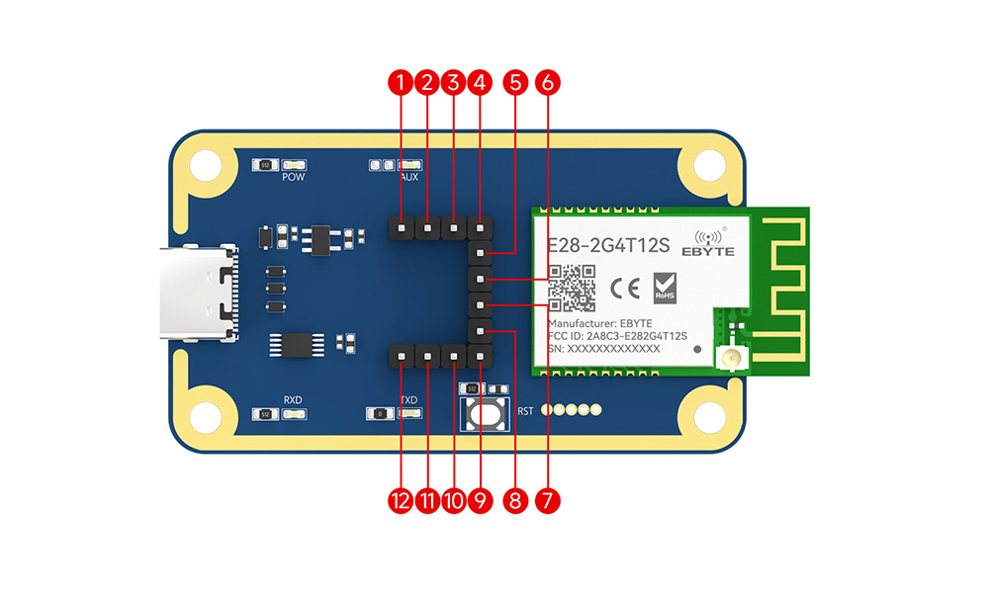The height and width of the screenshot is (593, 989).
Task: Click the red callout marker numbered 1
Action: point(401,83)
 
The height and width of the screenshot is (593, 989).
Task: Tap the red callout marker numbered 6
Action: point(547,83)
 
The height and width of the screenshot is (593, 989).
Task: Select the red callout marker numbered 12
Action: point(401,501)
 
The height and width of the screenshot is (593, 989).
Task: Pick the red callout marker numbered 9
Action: point(480,501)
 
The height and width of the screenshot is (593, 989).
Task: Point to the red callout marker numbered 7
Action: point(547,501)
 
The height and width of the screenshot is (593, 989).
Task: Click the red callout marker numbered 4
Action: point(480,83)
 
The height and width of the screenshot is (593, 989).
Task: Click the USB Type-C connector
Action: point(199,295)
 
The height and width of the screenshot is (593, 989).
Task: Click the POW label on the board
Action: point(294,178)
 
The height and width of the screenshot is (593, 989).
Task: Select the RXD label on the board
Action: point(293,400)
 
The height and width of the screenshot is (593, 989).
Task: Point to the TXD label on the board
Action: point(408,400)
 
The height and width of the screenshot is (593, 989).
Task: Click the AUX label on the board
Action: point(409,178)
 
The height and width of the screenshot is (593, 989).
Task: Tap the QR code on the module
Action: point(573,288)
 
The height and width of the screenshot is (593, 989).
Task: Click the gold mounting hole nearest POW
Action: point(206,165)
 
